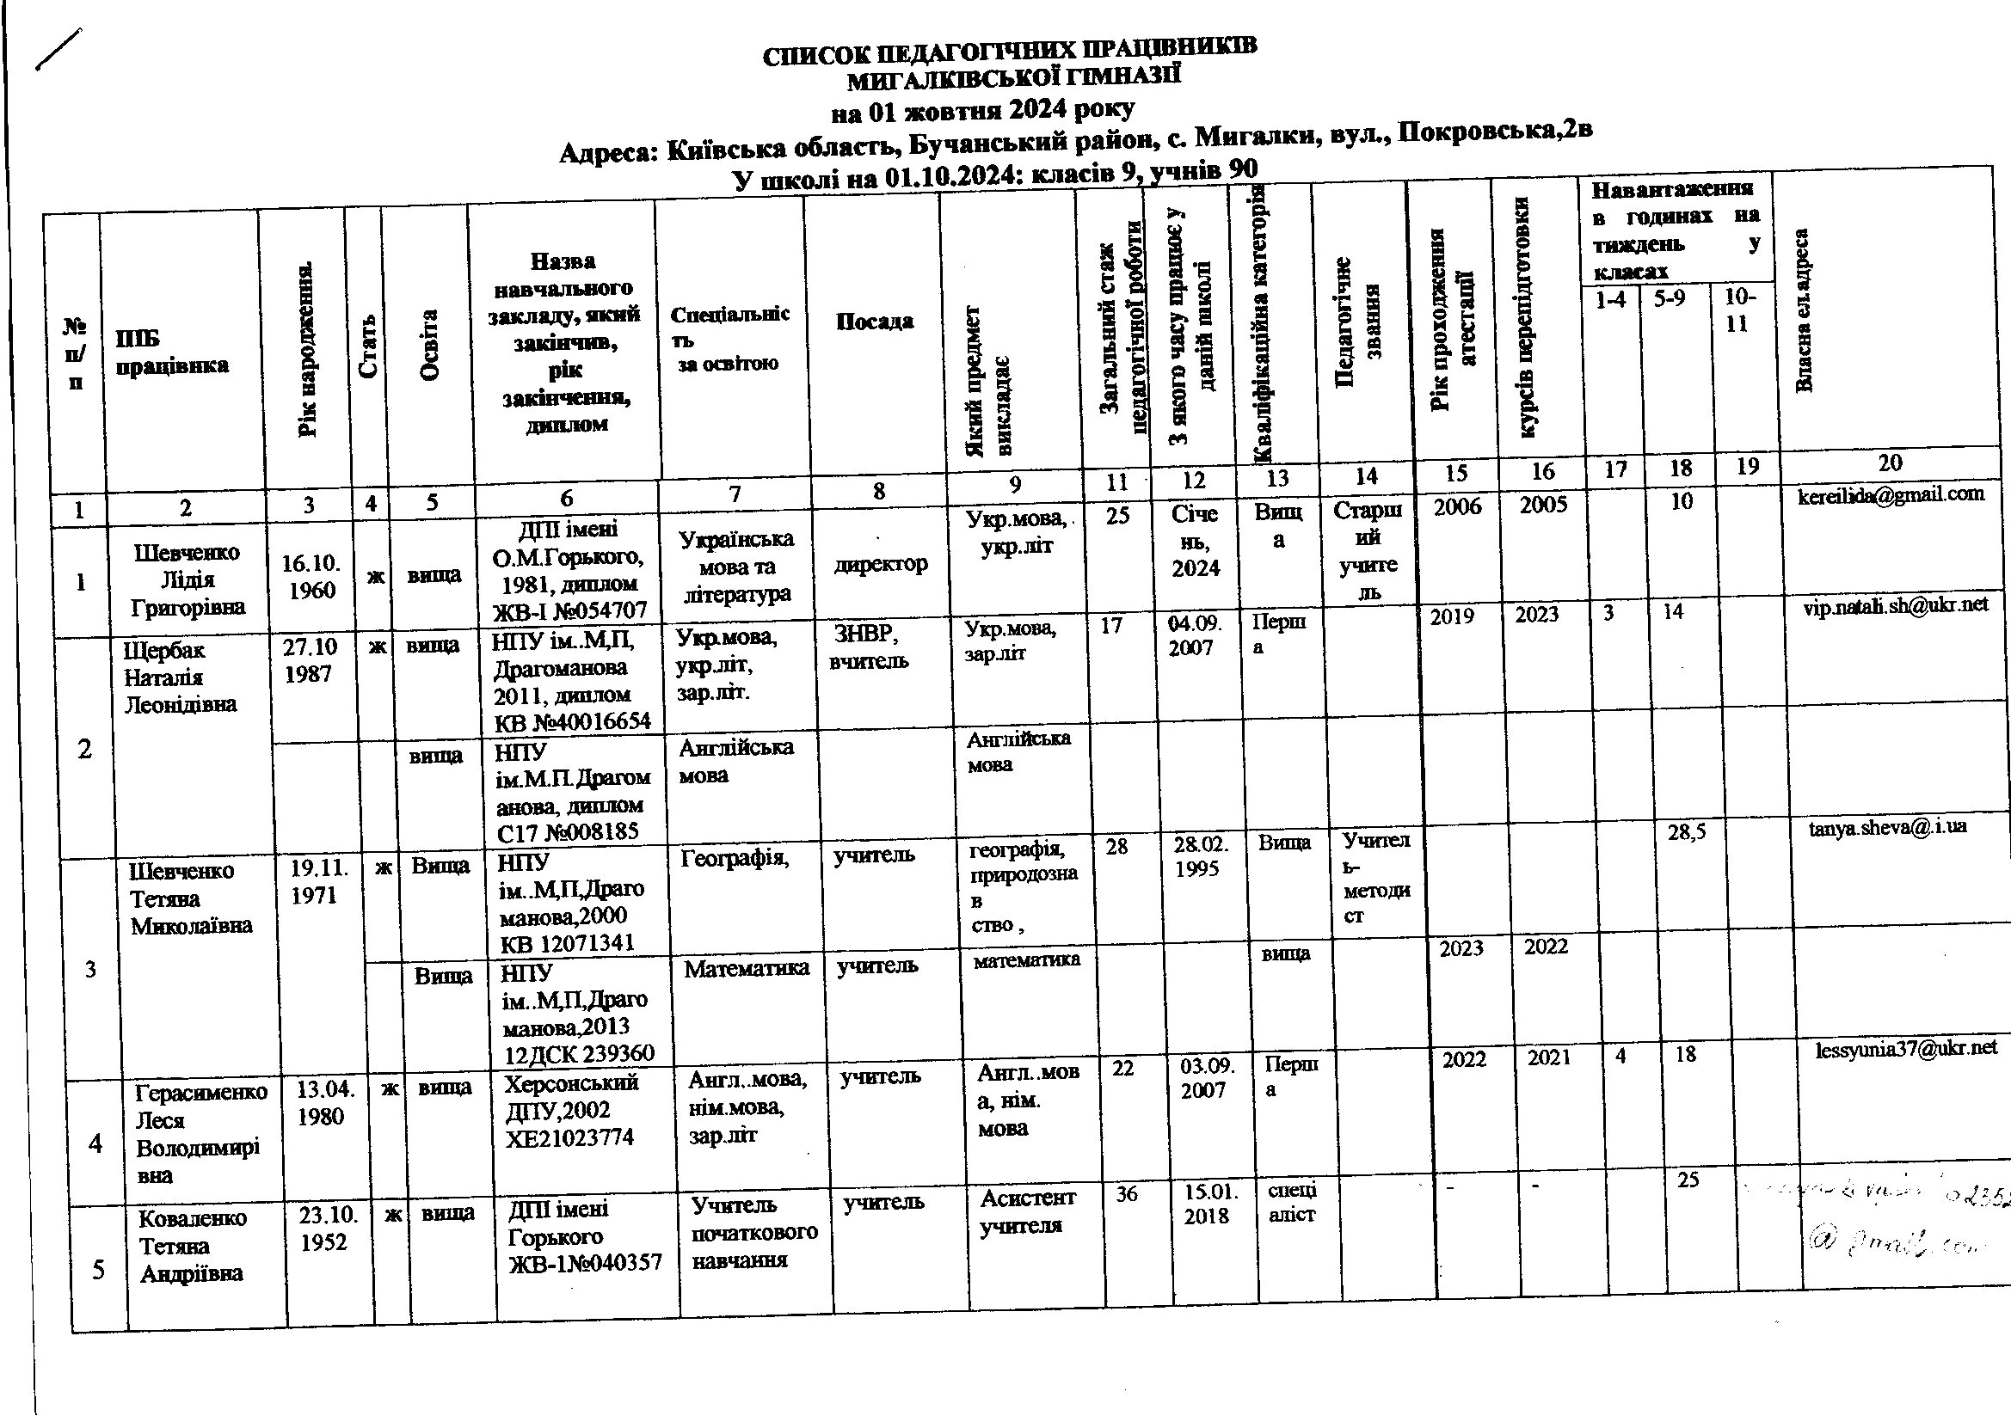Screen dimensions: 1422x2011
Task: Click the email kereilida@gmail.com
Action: click(1890, 493)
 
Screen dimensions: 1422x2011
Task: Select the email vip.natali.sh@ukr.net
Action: click(1896, 605)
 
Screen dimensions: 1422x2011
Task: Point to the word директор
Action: click(880, 564)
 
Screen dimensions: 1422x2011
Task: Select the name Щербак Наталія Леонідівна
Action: click(180, 677)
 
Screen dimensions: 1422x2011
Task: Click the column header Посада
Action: click(873, 322)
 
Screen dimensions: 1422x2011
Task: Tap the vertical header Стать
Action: click(370, 346)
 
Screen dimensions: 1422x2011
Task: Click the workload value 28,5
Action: click(1685, 833)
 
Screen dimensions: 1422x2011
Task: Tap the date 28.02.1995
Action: click(1200, 857)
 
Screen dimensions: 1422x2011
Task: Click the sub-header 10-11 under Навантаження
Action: click(1738, 310)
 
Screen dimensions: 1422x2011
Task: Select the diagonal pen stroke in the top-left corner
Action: click(58, 48)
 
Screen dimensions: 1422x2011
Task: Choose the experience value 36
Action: click(1127, 1195)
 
